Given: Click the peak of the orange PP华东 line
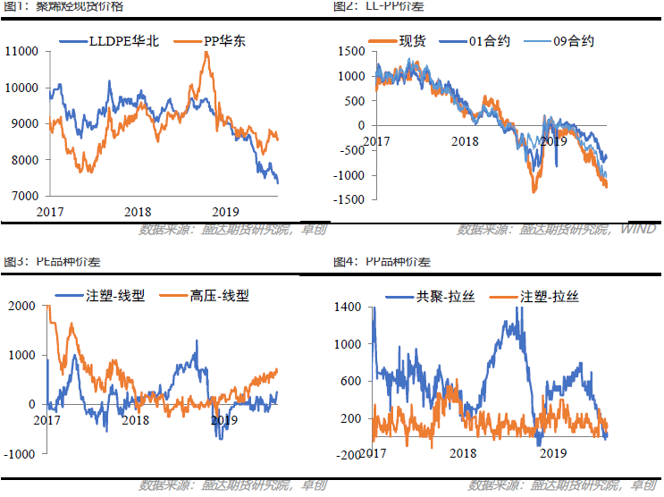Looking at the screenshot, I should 206,53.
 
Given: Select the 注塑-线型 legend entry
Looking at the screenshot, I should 110,295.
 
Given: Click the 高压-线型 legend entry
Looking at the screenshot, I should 219,295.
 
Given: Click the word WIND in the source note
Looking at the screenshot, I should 638,230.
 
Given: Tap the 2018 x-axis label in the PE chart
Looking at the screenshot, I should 136,420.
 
